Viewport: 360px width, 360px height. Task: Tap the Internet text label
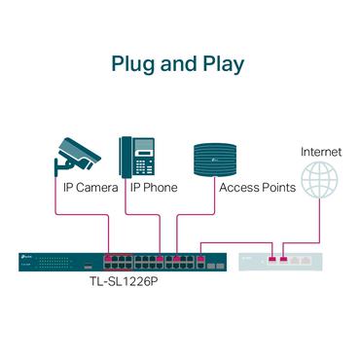(320, 152)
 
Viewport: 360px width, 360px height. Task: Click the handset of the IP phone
(126, 157)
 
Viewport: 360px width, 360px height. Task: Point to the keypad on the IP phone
(144, 163)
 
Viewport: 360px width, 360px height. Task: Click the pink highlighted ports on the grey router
(278, 260)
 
